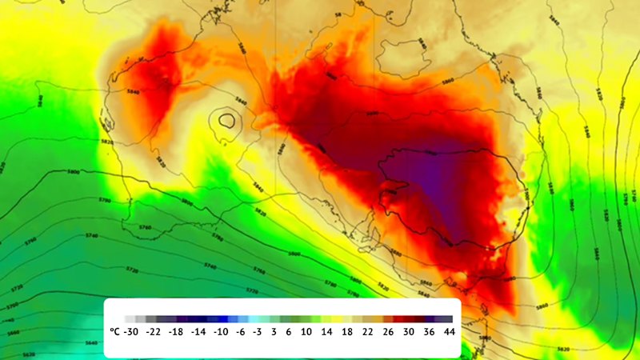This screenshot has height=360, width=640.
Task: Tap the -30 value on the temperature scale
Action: [x=134, y=330]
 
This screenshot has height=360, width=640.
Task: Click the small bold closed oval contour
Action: [x=228, y=122]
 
